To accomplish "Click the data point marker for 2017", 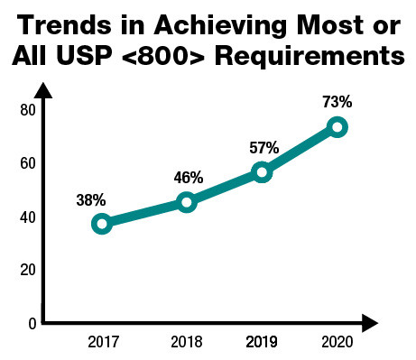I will [101, 224].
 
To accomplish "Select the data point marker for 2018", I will [186, 202].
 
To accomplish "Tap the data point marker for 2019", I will [262, 172].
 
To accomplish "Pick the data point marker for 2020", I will [337, 127].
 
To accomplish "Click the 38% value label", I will [91, 196].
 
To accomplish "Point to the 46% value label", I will [189, 177].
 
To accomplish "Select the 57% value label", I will [263, 146].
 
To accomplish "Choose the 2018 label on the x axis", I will [186, 343].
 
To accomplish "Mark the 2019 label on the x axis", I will [262, 343].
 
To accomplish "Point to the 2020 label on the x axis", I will [337, 343].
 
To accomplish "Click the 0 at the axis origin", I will [30, 323].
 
